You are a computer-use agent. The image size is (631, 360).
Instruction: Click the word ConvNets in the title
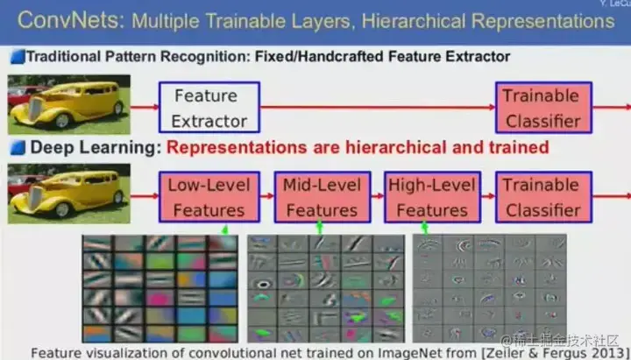point(71,20)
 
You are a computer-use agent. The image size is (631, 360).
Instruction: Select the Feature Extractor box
point(209,108)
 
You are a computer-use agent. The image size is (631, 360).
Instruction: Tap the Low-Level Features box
point(209,197)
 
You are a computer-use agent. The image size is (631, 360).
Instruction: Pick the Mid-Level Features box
point(323,197)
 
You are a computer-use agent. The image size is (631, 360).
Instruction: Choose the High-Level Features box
point(433,197)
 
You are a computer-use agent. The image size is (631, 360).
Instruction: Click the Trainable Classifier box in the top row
point(543,108)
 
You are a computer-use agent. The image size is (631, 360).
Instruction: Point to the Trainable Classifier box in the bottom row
point(543,197)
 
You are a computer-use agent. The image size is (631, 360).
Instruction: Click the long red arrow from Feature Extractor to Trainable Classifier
point(378,107)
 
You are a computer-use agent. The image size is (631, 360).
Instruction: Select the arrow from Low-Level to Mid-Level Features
point(267,196)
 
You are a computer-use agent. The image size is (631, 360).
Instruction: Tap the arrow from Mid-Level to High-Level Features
point(378,196)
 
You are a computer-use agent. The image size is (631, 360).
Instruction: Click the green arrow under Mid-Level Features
point(320,227)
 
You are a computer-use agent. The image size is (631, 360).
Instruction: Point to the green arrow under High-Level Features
point(424,228)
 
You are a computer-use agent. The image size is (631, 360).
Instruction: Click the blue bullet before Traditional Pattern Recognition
point(18,57)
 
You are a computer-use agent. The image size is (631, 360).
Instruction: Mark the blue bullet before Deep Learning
point(18,148)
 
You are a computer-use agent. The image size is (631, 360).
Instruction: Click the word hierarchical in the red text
point(396,148)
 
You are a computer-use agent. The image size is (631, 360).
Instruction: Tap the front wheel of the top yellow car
point(62,121)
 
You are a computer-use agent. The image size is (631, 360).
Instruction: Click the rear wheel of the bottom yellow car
point(118,197)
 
